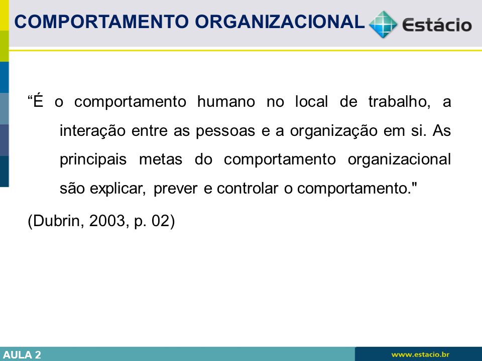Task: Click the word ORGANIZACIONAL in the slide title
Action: (x=280, y=22)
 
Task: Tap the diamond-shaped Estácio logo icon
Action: (x=383, y=24)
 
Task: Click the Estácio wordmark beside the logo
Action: (x=437, y=25)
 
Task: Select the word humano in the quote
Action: (x=226, y=102)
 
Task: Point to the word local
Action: (x=311, y=102)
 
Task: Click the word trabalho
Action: (x=399, y=102)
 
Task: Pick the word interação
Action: (x=92, y=131)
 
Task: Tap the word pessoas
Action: (x=225, y=131)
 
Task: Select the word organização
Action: (x=333, y=131)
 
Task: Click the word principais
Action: (x=93, y=159)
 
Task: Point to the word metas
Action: (x=161, y=159)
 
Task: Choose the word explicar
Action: (x=117, y=189)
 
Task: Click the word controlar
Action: (x=248, y=188)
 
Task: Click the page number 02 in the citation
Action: (x=160, y=221)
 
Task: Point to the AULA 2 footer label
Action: (x=22, y=355)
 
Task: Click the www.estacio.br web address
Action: (x=420, y=354)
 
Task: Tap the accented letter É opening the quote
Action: (x=38, y=100)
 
